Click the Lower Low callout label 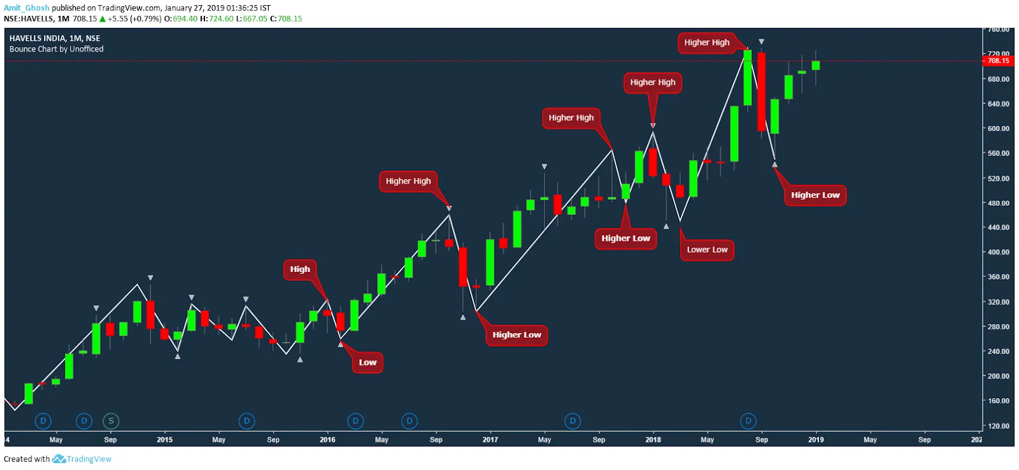[707, 250]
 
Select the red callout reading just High [300, 269]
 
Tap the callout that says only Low [367, 362]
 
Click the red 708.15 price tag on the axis [998, 61]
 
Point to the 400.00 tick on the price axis [998, 252]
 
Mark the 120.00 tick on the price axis [998, 426]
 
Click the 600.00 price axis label [998, 129]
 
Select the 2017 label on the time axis [490, 439]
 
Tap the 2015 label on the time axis [164, 439]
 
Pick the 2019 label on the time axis [816, 439]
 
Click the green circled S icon [111, 421]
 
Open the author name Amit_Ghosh [26, 8]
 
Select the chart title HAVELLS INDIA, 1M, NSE [55, 38]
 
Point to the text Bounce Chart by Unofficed [56, 49]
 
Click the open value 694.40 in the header [185, 19]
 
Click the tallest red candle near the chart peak [761, 91]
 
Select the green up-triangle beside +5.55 [103, 19]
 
